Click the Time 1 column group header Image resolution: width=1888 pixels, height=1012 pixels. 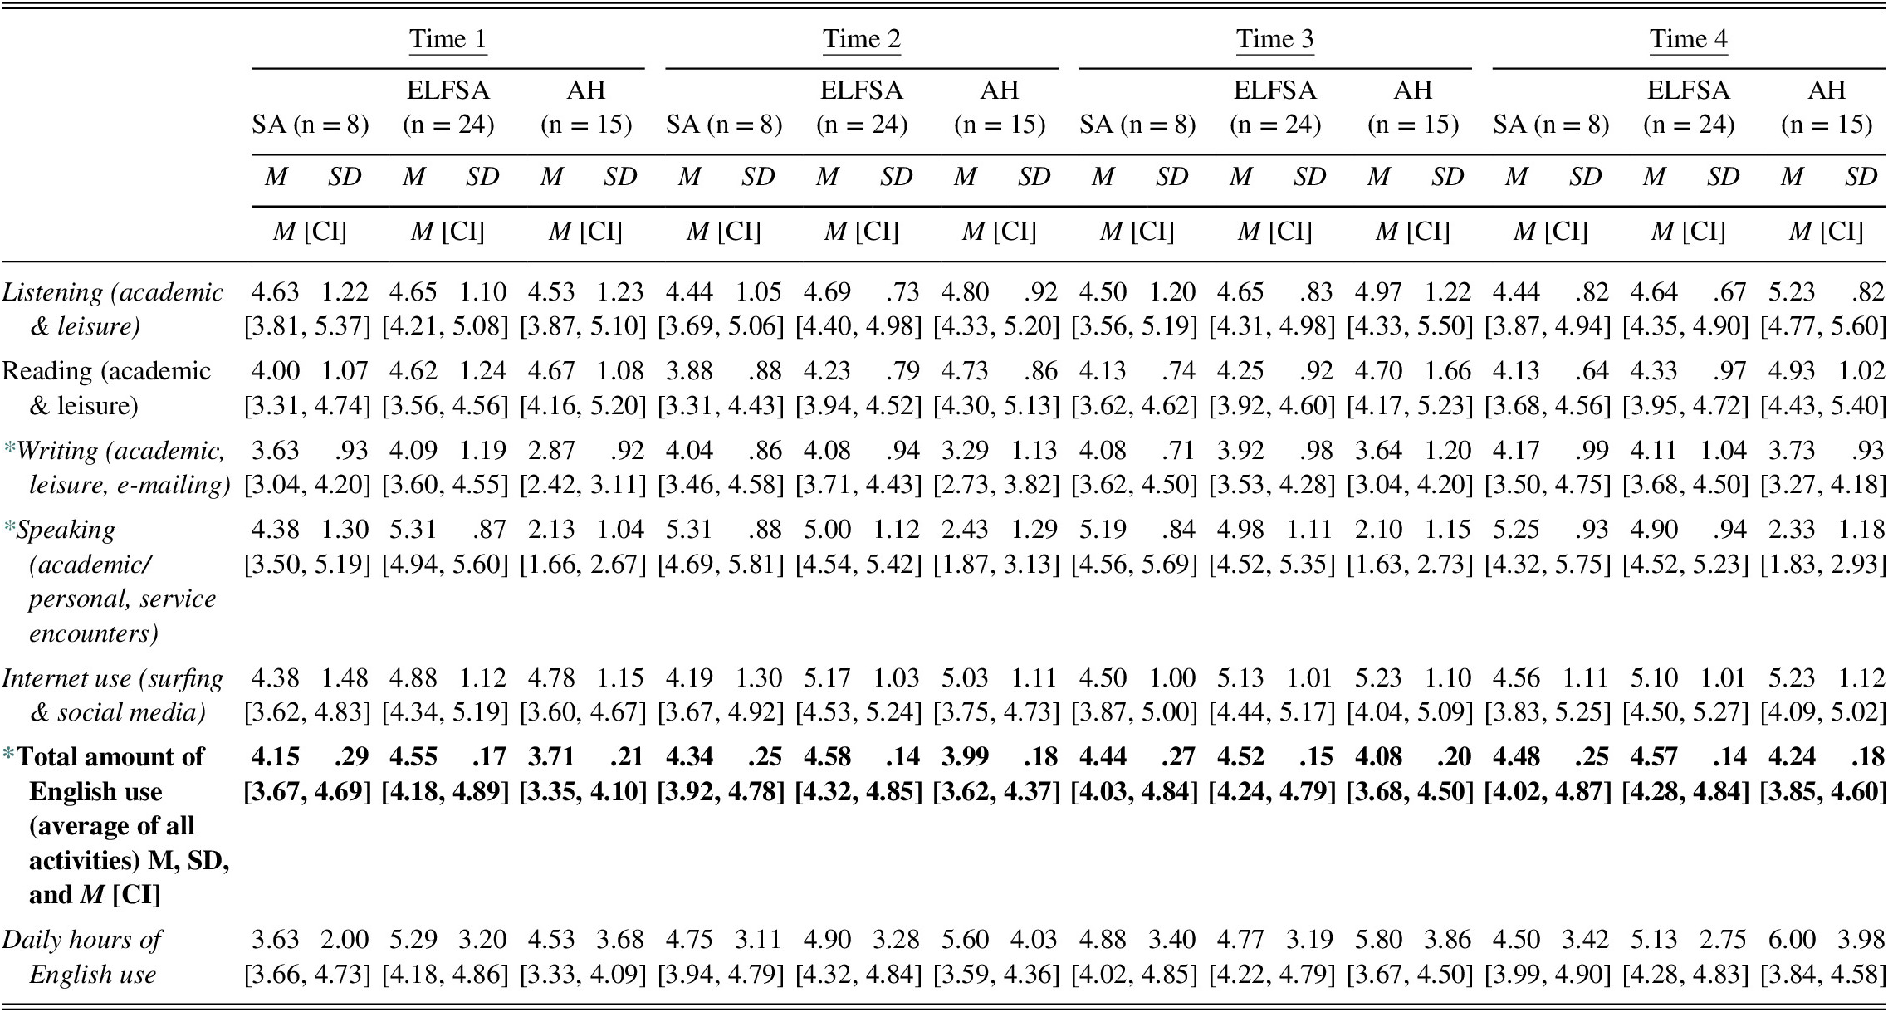pos(448,39)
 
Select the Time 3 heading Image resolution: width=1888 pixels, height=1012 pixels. pos(1274,39)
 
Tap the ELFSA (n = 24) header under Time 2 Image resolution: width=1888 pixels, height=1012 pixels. pos(861,107)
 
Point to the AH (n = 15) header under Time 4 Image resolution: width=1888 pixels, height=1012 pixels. pos(1826,107)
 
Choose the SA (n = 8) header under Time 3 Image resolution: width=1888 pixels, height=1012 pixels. pos(1137,125)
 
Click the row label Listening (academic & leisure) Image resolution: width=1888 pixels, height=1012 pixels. pos(113,309)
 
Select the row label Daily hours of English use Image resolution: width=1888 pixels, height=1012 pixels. pos(83,956)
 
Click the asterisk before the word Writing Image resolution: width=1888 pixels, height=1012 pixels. pos(9,449)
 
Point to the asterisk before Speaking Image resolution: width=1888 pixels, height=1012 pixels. pos(9,528)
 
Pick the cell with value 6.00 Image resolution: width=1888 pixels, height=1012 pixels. pos(1792,940)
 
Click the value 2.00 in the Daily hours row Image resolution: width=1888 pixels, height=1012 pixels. pos(345,940)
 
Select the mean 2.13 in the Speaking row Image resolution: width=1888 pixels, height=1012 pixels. pos(550,529)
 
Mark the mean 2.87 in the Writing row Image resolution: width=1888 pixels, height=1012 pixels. pos(550,450)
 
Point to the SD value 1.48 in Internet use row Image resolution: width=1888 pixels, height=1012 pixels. pos(345,677)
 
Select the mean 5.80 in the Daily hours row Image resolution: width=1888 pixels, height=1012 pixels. pos(1377,940)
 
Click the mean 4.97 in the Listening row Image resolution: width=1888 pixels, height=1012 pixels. pos(1377,292)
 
